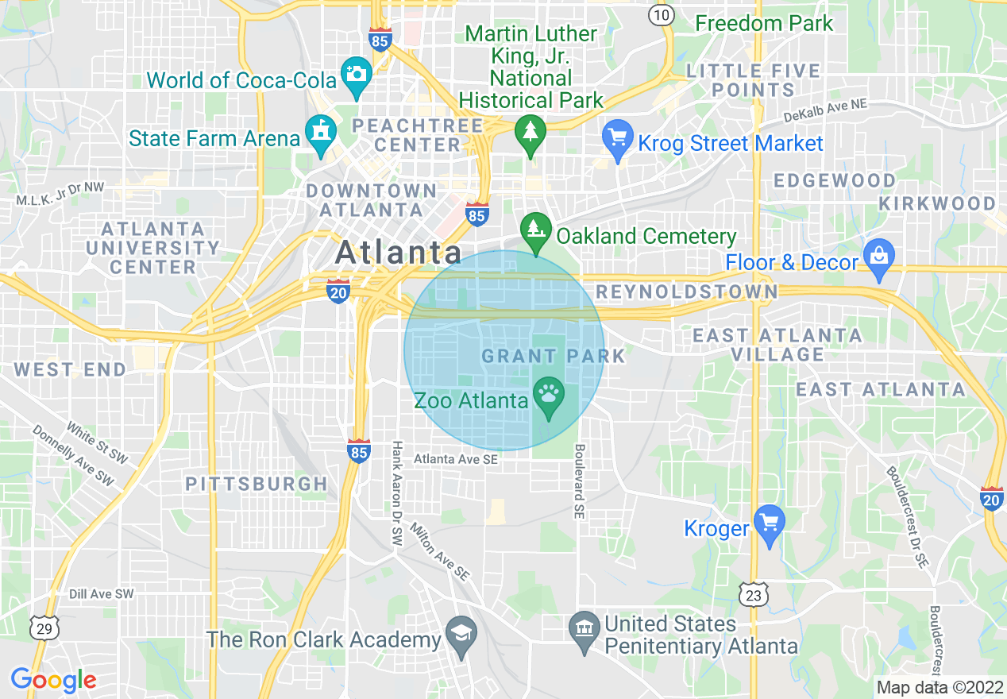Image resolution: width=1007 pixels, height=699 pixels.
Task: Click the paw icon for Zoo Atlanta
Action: point(548,392)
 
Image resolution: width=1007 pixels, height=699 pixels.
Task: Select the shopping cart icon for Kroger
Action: point(769,523)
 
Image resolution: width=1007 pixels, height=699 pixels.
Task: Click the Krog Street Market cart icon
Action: point(616,137)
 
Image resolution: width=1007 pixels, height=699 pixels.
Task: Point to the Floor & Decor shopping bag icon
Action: point(879,257)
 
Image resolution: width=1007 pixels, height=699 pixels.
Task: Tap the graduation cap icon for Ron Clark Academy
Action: point(460,633)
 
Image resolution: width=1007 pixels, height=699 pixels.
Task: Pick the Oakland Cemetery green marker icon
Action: point(536,229)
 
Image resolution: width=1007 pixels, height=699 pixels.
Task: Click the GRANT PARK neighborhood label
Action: point(554,355)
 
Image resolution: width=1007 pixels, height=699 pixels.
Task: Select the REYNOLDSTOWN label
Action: point(687,292)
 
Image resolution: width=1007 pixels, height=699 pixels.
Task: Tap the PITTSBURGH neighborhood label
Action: point(257,484)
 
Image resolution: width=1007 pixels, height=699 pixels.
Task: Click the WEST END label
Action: point(70,369)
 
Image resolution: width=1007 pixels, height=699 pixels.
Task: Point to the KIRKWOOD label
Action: point(937,203)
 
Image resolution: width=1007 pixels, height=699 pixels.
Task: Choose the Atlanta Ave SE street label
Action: point(456,459)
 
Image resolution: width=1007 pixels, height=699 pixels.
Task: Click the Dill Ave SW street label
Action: point(101,594)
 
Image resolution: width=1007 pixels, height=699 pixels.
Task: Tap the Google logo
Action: point(53,680)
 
